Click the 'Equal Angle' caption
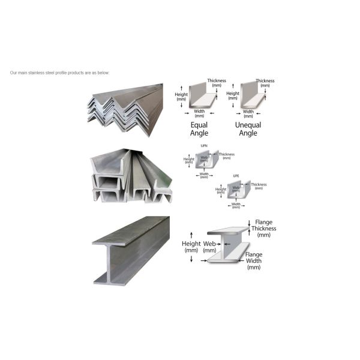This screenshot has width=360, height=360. [x=199, y=128]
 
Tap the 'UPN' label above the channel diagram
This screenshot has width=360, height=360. [x=203, y=146]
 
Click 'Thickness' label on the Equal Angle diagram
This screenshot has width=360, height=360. [x=217, y=83]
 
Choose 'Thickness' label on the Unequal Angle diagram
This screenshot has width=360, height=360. [x=265, y=83]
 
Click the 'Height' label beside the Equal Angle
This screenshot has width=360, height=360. [x=182, y=97]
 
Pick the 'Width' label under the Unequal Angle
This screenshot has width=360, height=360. [x=248, y=112]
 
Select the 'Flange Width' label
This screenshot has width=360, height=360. [x=254, y=260]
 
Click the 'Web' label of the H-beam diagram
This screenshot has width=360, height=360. [x=209, y=247]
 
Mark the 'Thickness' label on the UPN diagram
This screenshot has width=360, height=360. [x=227, y=155]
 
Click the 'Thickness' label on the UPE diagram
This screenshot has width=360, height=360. [x=259, y=185]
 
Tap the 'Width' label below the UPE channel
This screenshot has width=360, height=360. [x=236, y=205]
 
